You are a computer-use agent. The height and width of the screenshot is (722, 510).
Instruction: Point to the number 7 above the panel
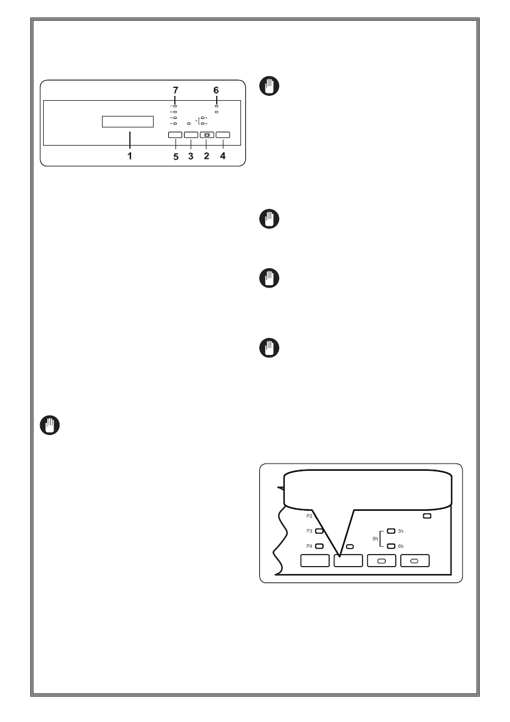pos(175,90)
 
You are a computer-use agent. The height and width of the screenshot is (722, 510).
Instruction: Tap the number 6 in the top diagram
pos(216,90)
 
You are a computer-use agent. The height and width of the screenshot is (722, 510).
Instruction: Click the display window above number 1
pos(127,121)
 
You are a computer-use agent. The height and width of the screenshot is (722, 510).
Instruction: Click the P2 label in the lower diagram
pos(310,516)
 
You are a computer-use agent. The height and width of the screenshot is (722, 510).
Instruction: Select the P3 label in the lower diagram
pos(310,531)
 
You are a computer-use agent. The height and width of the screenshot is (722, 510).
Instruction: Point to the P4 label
pos(310,546)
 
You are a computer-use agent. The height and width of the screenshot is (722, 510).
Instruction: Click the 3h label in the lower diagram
pos(401,531)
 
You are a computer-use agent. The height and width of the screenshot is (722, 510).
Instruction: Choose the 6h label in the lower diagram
pos(401,546)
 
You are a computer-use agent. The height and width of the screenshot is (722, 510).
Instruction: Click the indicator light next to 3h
pos(391,531)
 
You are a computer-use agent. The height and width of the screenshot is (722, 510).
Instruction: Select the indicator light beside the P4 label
pos(319,546)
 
